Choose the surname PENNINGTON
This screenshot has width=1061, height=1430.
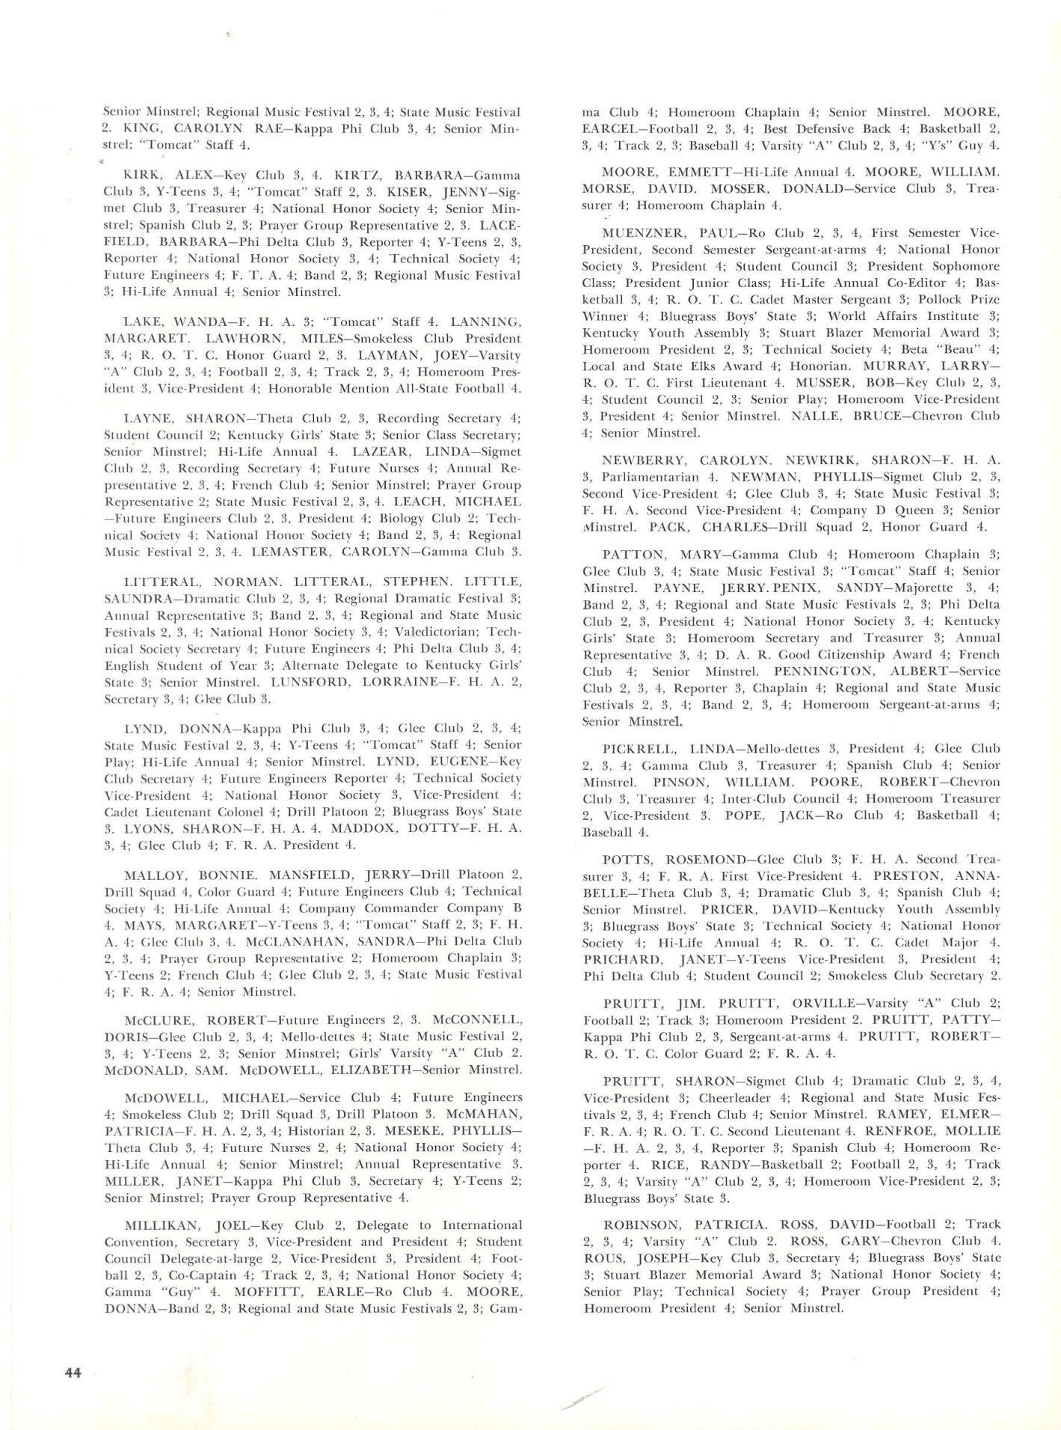tap(827, 671)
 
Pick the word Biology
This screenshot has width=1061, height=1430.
tap(399, 519)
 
